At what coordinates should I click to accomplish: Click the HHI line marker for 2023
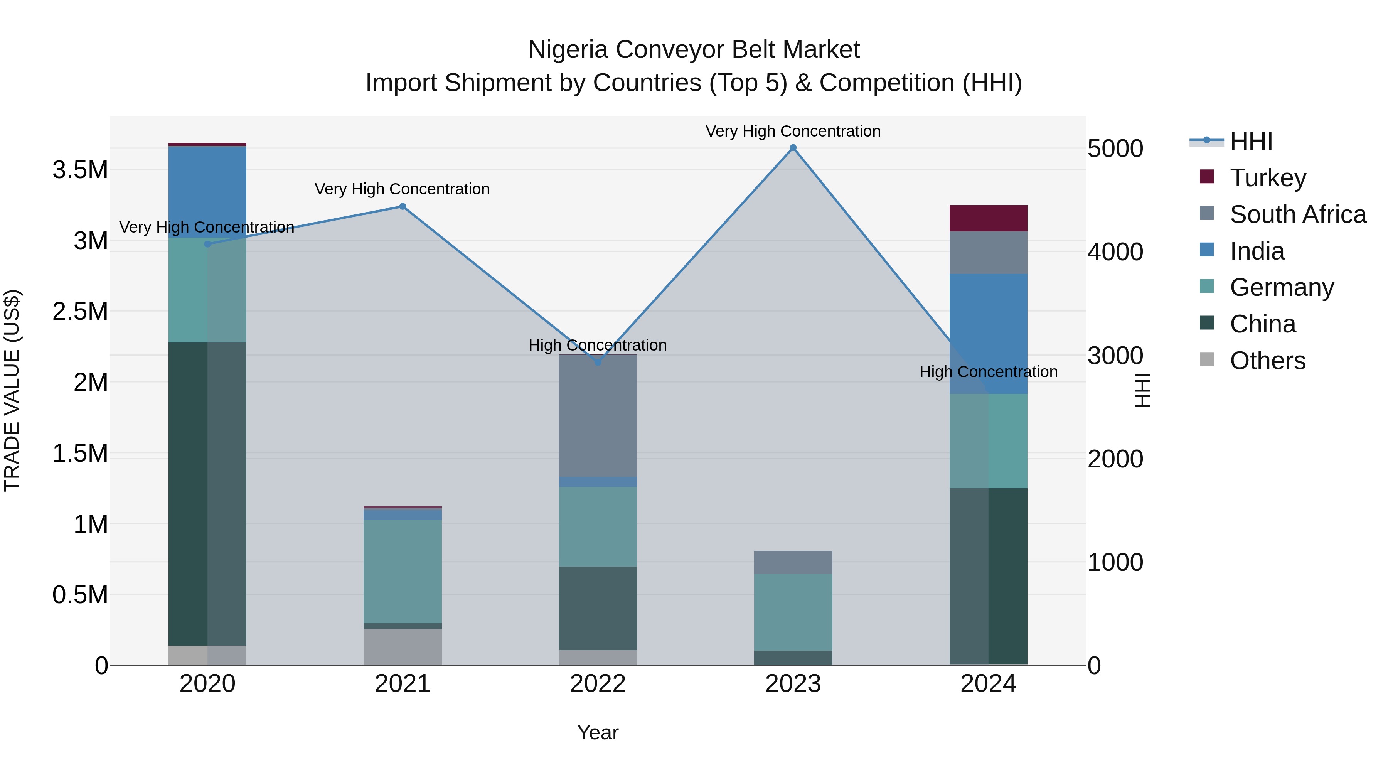[x=793, y=148]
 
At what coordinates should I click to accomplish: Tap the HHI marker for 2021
[x=403, y=206]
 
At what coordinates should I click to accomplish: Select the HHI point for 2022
[x=598, y=362]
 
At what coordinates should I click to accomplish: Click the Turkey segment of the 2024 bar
[x=988, y=218]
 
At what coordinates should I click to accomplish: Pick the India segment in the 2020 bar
[x=207, y=191]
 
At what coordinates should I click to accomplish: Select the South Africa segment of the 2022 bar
[x=598, y=415]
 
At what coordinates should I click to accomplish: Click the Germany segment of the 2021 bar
[x=403, y=571]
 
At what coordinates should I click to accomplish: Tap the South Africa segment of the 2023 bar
[x=793, y=562]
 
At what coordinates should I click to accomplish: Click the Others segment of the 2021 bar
[x=403, y=646]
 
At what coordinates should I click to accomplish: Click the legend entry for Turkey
[x=1268, y=177]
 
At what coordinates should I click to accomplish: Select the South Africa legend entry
[x=1297, y=214]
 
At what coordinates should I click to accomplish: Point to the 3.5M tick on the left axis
[x=80, y=170]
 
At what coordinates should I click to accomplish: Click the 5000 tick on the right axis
[x=1115, y=149]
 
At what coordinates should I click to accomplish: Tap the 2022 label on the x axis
[x=598, y=684]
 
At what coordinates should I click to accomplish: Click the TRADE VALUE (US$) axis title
[x=12, y=390]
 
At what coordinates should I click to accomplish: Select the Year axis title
[x=598, y=732]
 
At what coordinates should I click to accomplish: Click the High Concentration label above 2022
[x=598, y=345]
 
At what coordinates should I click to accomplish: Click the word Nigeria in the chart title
[x=568, y=50]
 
